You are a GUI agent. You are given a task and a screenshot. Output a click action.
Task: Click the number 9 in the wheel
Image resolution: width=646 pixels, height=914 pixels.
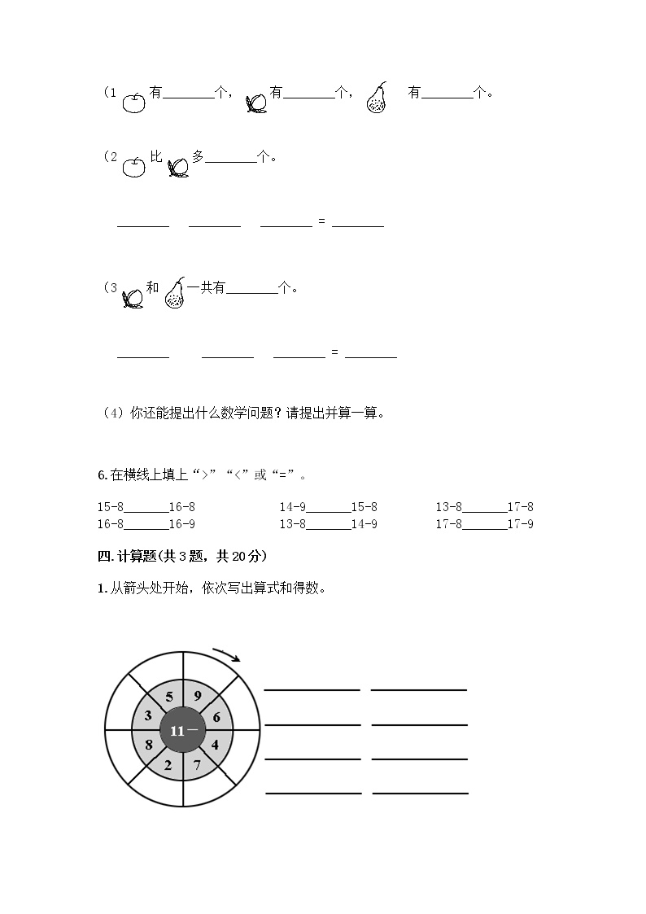198,696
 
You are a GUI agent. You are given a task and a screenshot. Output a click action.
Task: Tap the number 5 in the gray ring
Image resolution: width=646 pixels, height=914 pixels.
169,697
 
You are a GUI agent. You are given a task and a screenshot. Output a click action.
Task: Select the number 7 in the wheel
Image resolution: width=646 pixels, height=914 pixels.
198,764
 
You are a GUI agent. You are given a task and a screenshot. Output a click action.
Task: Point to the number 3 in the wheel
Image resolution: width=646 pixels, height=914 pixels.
148,716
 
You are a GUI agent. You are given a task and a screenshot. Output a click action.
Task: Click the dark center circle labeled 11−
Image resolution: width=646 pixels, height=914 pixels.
184,730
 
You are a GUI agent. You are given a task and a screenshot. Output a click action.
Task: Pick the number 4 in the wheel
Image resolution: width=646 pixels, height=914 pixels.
215,744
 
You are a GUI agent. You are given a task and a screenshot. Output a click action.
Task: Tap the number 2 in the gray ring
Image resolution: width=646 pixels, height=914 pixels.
168,765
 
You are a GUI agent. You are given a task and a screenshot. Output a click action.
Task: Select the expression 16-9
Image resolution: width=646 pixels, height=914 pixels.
181,524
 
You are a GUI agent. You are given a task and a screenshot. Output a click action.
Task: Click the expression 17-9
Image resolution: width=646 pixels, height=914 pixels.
520,524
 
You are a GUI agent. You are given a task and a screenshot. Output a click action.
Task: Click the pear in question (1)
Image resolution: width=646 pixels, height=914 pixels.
376,98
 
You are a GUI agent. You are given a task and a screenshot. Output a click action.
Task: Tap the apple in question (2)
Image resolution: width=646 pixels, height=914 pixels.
133,166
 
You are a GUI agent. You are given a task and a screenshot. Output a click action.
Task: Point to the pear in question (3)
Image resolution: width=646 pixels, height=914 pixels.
174,293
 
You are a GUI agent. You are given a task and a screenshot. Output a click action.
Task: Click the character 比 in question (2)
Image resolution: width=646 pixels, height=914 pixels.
157,156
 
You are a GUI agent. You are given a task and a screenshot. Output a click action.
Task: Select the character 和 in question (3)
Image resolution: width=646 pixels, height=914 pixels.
152,288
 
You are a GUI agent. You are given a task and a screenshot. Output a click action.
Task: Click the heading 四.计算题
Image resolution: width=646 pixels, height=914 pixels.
181,556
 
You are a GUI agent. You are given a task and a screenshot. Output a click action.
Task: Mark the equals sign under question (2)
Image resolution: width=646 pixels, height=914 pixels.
322,222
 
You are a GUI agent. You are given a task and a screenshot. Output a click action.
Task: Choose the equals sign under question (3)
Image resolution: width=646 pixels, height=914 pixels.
335,352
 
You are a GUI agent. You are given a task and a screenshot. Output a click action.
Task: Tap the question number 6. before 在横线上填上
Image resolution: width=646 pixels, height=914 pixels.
102,475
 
